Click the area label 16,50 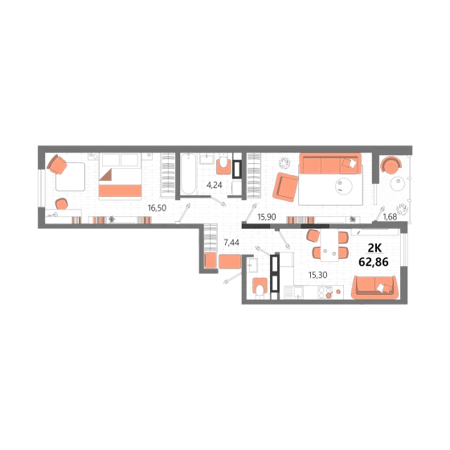coord(157,208)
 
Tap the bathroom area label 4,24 coord(214,185)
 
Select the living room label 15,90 coord(267,217)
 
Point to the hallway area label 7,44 coord(231,243)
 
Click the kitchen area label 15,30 coord(317,275)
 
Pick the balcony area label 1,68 coord(390,217)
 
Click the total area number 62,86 coord(374,262)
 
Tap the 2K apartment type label coord(374,248)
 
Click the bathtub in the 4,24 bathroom coord(189,174)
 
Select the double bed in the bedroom coord(121,176)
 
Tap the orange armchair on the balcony coord(391,165)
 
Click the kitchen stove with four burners coord(325,292)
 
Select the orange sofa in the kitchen coord(374,288)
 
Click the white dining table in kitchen coord(329,245)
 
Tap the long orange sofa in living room coord(330,164)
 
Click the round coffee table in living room coord(344,186)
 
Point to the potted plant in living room coord(284,163)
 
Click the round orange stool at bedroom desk coord(62,204)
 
